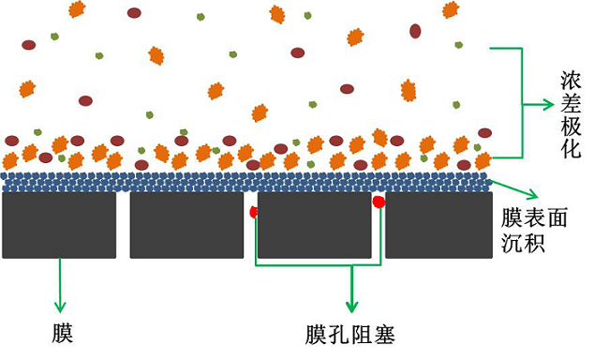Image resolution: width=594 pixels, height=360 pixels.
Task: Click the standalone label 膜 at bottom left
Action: pyautogui.click(x=62, y=332)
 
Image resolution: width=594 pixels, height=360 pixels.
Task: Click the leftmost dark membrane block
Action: pyautogui.click(x=59, y=225)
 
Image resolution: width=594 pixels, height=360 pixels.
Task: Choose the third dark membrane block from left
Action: pyautogui.click(x=314, y=225)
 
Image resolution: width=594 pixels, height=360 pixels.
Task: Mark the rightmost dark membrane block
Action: pyautogui.click(x=438, y=225)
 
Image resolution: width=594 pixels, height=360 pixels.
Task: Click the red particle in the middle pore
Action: pyautogui.click(x=253, y=212)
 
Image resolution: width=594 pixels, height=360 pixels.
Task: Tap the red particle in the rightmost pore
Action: pyautogui.click(x=379, y=202)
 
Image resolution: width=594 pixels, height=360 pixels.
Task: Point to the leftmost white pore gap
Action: pyautogui.click(x=123, y=225)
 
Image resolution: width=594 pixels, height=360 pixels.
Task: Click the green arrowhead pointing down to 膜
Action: pyautogui.click(x=62, y=307)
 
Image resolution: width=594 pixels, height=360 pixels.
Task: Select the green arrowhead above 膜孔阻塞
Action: pyautogui.click(x=352, y=307)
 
